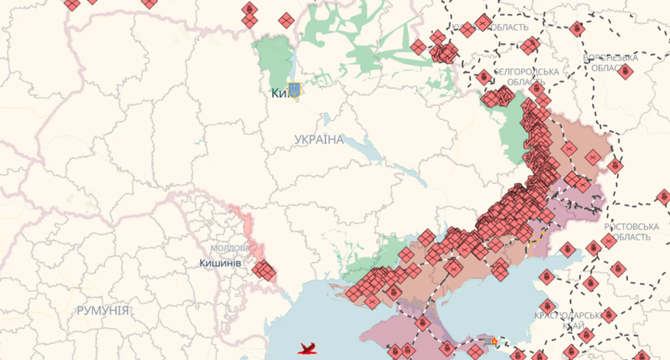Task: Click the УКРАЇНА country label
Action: click(x=319, y=139)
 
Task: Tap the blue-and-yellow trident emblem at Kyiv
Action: click(x=294, y=90)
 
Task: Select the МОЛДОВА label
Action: click(x=229, y=249)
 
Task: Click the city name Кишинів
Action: click(x=221, y=264)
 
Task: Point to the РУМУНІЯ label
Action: click(x=102, y=311)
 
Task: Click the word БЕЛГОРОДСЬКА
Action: click(x=526, y=72)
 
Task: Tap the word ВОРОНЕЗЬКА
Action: click(x=611, y=58)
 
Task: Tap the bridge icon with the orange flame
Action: click(x=492, y=342)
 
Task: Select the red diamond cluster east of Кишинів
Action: click(x=265, y=270)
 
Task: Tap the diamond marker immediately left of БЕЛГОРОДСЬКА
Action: click(x=484, y=77)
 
